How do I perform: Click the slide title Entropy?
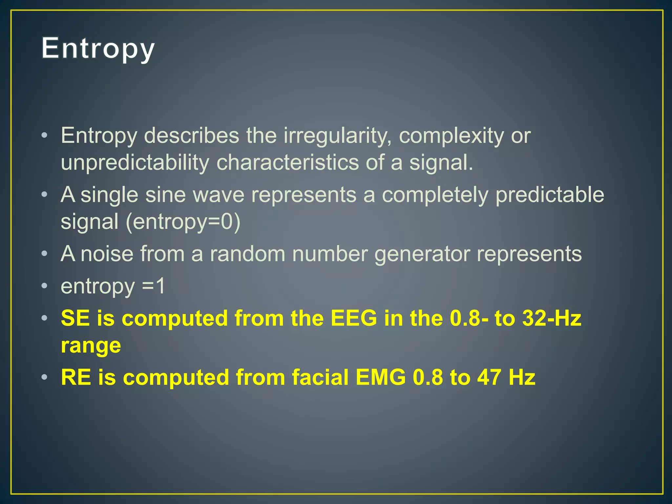[x=98, y=49]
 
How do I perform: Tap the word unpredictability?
[x=135, y=162]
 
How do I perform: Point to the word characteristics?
[x=287, y=162]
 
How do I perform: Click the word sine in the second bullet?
[x=166, y=195]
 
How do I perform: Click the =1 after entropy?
[x=153, y=286]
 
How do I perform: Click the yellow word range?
[x=91, y=346]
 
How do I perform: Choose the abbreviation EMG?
[x=381, y=377]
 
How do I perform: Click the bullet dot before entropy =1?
[x=44, y=286]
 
